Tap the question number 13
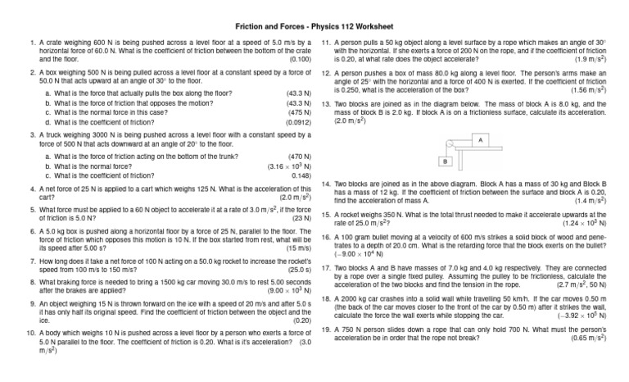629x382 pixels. (325, 103)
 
